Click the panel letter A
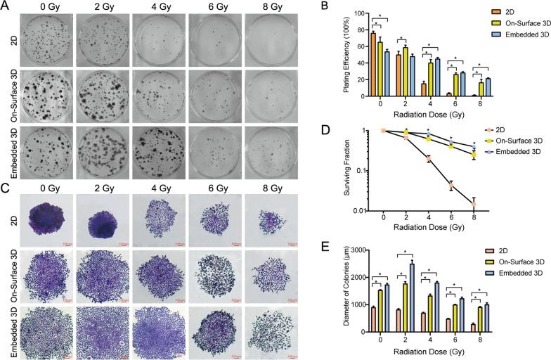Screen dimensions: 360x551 [x=5, y=6]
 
